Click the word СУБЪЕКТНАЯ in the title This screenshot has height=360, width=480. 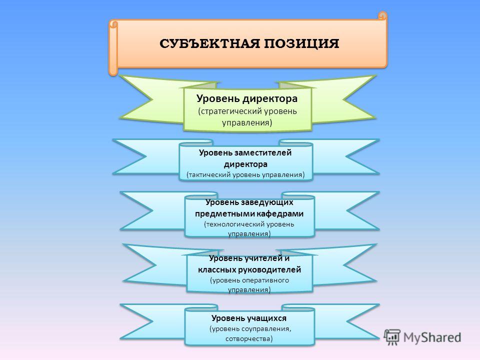pyautogui.click(x=209, y=43)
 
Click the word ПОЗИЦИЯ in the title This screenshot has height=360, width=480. pyautogui.click(x=301, y=43)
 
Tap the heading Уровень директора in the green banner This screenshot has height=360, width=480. pyautogui.click(x=247, y=98)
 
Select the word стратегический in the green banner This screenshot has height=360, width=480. pyautogui.click(x=229, y=111)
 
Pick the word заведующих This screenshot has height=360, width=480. pyautogui.click(x=266, y=202)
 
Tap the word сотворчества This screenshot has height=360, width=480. pyautogui.click(x=249, y=338)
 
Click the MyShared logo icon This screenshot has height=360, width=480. pyautogui.click(x=392, y=336)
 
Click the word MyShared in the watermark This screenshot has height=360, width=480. pyautogui.click(x=432, y=337)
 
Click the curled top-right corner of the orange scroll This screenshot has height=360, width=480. pyautogui.click(x=382, y=15)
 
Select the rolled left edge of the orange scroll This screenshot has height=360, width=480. pyautogui.click(x=113, y=48)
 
